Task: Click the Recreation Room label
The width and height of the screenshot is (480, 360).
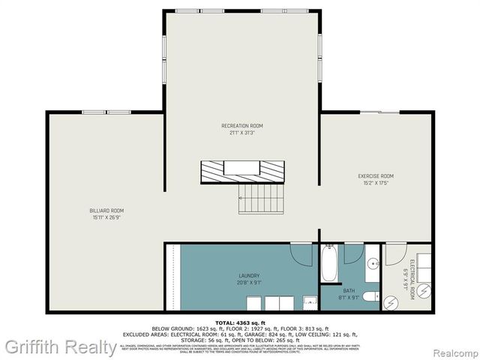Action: coord(241,125)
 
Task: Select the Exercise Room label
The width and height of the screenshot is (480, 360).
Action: coord(375,176)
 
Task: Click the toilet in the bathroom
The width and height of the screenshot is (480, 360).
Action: coord(370,297)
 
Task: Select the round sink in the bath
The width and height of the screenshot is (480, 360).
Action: coord(373,265)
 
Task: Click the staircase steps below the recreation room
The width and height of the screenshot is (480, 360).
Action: coord(261,198)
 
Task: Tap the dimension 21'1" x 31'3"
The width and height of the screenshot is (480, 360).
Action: coord(241,133)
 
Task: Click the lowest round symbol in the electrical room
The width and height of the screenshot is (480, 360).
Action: coord(391,301)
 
